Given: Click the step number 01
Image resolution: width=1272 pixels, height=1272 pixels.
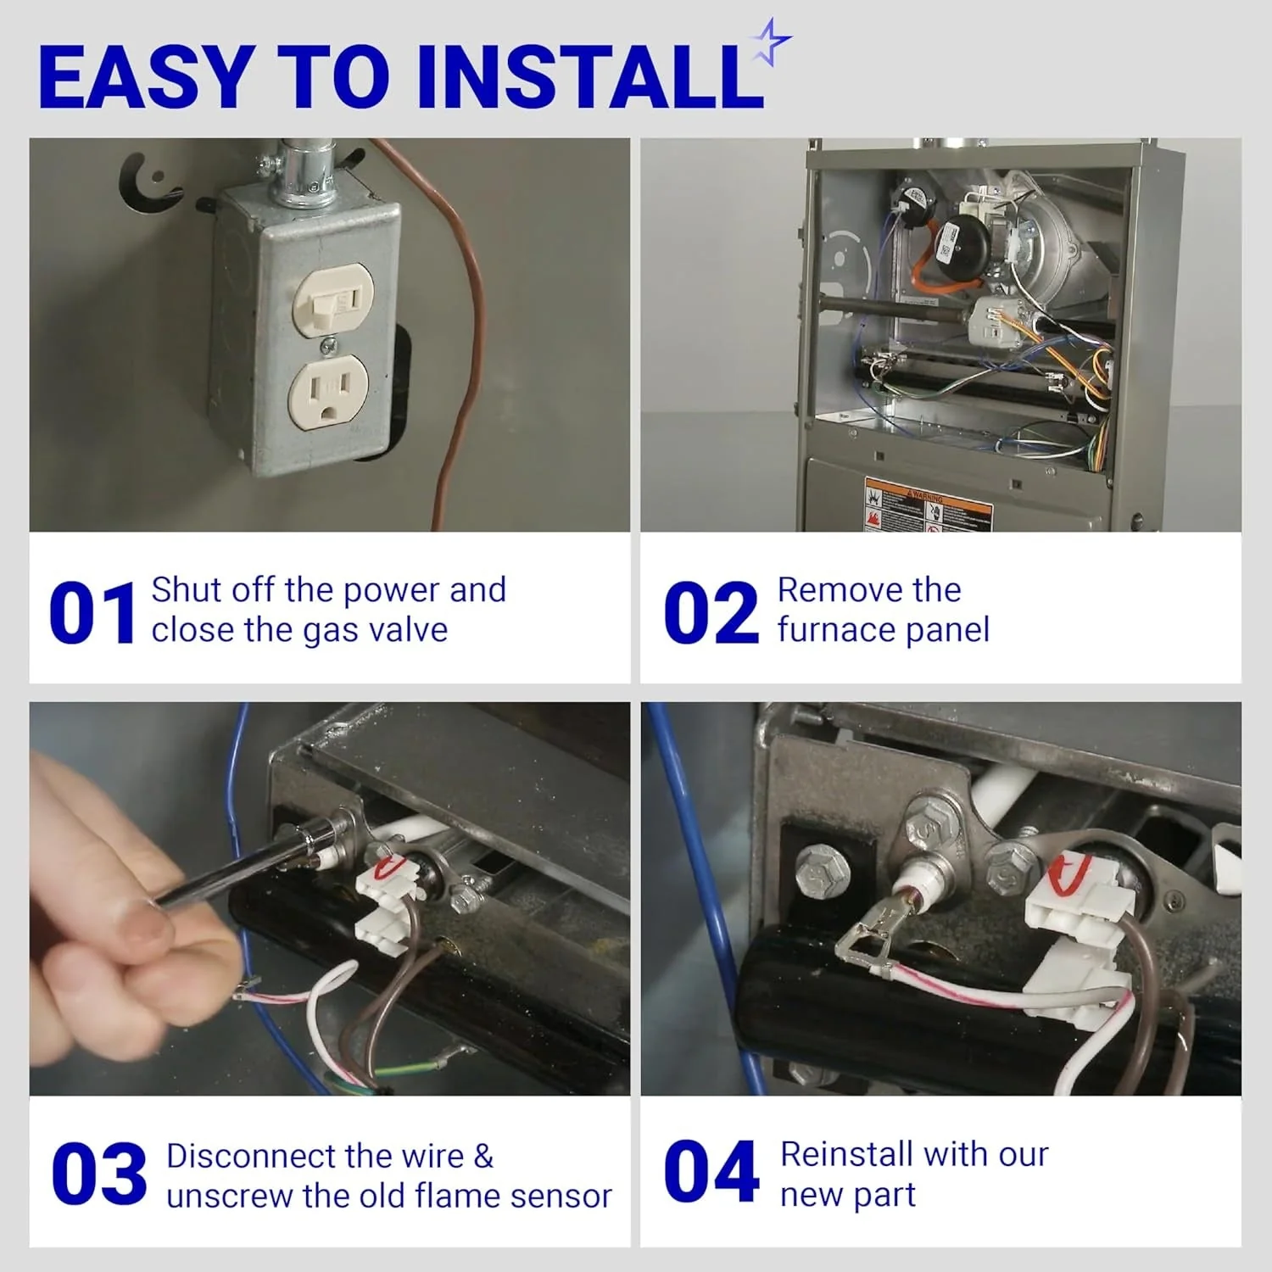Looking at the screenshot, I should pyautogui.click(x=92, y=612).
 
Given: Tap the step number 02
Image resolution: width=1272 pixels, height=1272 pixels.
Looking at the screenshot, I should pyautogui.click(x=711, y=612).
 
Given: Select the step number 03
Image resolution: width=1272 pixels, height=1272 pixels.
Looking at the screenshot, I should pyautogui.click(x=98, y=1174).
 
